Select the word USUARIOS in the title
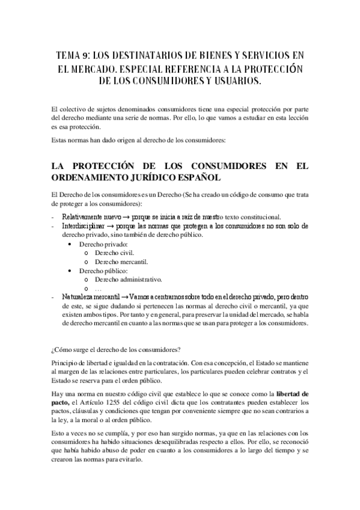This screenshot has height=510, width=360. click(231, 81)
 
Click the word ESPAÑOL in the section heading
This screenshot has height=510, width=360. click(192, 178)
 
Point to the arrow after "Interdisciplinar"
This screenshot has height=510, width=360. click(111, 226)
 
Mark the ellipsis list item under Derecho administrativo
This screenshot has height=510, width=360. click(99, 289)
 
